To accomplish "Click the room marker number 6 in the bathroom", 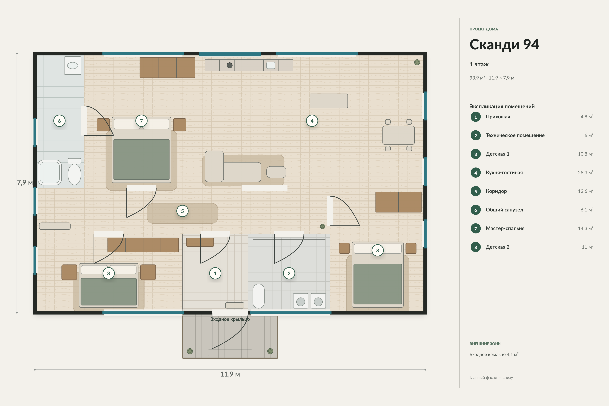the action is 59,121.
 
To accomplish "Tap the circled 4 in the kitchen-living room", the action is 312,121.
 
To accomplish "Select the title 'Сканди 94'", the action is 504,44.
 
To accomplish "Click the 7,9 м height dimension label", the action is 25,183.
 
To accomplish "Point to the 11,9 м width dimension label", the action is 230,374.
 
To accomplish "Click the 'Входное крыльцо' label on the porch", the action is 230,319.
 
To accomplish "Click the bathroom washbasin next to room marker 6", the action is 73,65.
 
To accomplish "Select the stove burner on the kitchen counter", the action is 229,65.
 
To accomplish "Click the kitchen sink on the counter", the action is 271,65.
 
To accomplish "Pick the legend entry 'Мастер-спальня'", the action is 505,228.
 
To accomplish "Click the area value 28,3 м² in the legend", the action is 585,172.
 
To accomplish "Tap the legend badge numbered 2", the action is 476,136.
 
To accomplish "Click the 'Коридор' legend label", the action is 496,191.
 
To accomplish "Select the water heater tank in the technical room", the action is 258,296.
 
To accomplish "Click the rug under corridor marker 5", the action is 182,213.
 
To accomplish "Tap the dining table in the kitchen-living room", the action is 399,135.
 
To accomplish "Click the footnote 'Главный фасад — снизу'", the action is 491,378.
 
